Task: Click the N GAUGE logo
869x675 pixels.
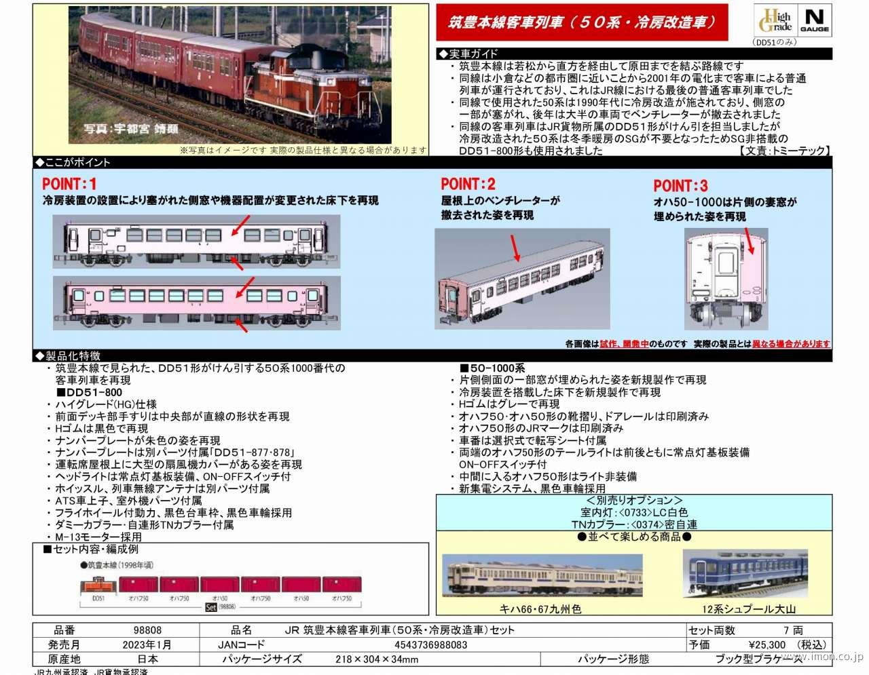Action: tap(815, 20)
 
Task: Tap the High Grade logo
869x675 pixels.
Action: tap(775, 20)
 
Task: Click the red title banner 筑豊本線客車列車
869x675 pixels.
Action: tap(582, 22)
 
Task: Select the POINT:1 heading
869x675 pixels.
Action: tap(69, 184)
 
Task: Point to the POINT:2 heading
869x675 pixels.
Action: tap(468, 184)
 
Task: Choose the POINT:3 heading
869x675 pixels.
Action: tap(680, 186)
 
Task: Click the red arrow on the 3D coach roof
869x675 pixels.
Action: tap(515, 249)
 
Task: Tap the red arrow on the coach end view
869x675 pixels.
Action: tap(748, 242)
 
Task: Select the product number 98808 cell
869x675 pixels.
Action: tap(147, 630)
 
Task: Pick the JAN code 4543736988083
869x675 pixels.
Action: tap(430, 644)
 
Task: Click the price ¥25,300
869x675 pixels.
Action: tap(766, 644)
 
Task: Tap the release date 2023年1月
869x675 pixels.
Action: tap(147, 644)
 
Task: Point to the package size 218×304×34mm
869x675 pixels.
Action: tap(376, 659)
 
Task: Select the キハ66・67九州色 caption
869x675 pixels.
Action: tap(540, 609)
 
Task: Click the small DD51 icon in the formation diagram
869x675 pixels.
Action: tap(98, 585)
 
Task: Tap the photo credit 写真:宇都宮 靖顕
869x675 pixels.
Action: tap(131, 128)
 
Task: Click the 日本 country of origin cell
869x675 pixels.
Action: tap(147, 659)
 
